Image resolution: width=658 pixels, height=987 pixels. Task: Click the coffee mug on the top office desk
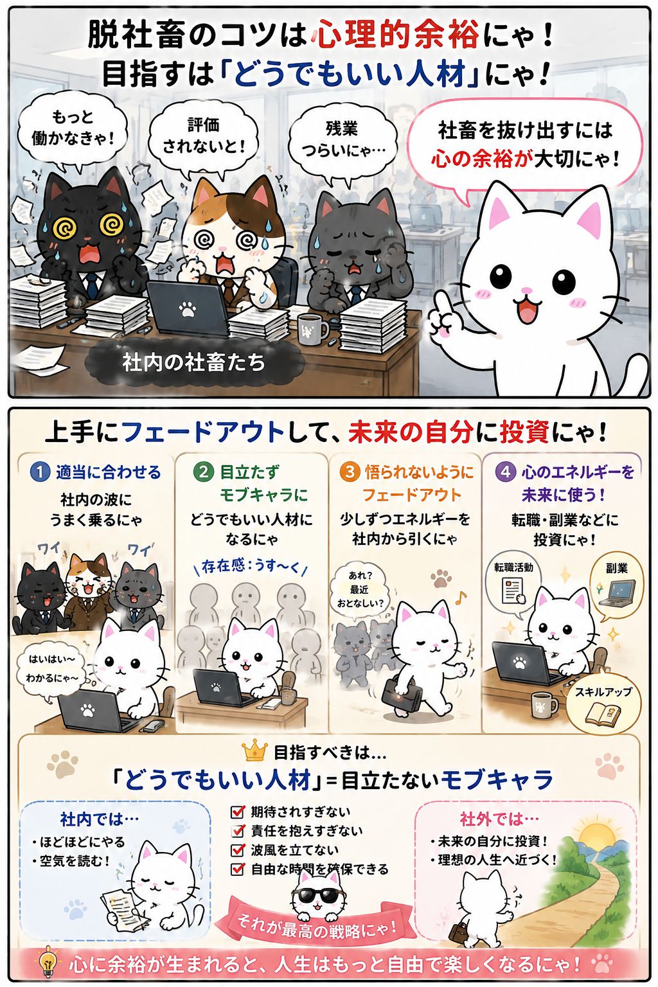(312, 329)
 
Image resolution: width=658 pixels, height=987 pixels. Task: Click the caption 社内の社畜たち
(194, 362)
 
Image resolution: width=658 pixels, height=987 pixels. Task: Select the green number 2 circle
(204, 472)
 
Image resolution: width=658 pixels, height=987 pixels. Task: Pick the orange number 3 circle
(350, 472)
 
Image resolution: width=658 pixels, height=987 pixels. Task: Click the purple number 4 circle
(506, 472)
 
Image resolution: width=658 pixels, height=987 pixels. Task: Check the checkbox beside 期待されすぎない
(238, 812)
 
